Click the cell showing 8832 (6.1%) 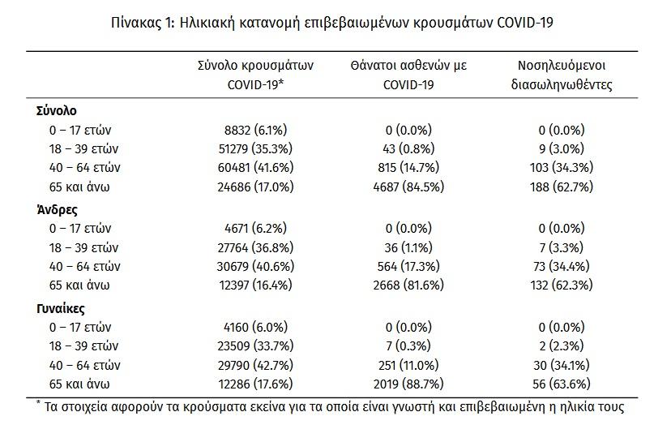click(255, 130)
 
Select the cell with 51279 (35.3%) click(255, 148)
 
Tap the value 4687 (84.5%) click(408, 187)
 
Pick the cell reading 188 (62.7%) click(562, 187)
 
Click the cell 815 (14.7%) click(408, 167)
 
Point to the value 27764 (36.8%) click(255, 247)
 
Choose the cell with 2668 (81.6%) click(408, 285)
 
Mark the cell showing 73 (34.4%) click(562, 266)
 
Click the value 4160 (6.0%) click(255, 327)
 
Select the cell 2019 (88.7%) click(408, 384)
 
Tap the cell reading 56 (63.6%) click(562, 384)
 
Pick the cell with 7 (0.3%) click(408, 346)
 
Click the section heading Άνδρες click(57, 210)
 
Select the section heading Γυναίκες click(60, 308)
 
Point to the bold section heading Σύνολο click(57, 111)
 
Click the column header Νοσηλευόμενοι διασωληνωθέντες click(562, 75)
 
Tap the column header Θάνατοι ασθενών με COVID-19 click(408, 75)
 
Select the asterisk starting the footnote click(39, 402)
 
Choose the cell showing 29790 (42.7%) click(255, 365)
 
